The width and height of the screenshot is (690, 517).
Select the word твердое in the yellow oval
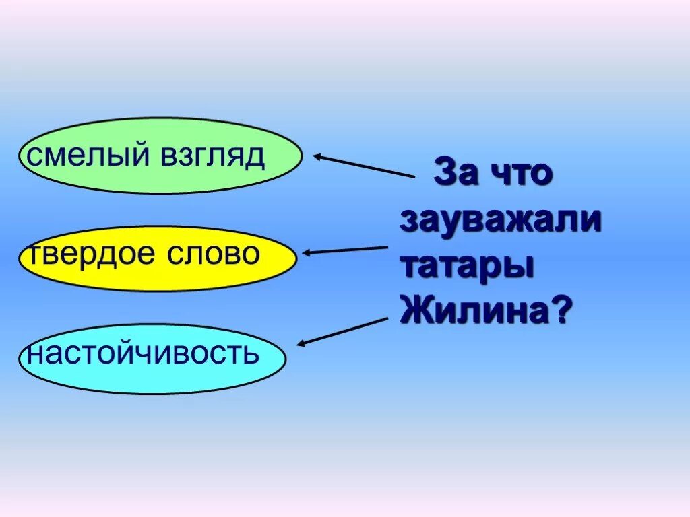pos(86,254)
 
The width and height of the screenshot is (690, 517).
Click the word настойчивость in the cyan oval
pos(143,353)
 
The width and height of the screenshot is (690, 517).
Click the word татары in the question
pos(467,266)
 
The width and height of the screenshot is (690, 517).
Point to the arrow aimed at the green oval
pos(364,166)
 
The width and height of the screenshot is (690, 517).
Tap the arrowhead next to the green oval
pos(317,157)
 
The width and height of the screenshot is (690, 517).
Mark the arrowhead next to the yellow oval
pos(307,253)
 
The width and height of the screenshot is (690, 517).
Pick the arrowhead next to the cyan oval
pos(301,343)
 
